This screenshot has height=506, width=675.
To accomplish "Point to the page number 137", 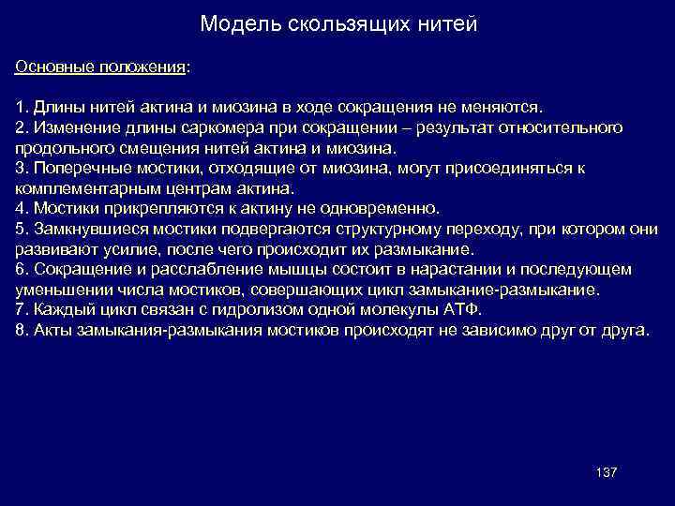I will point(606,471).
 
